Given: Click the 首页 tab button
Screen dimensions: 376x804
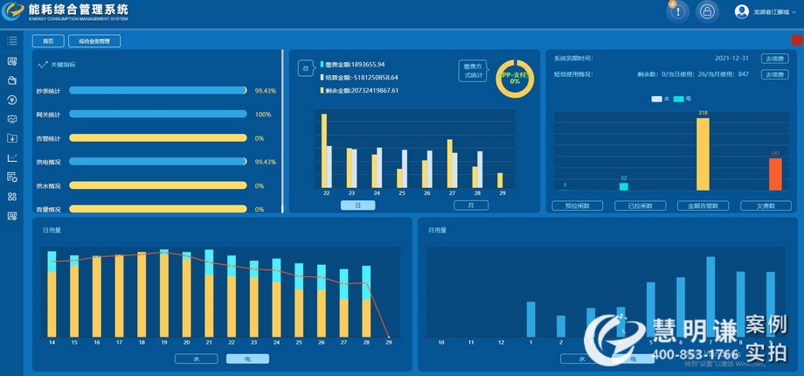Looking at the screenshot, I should pyautogui.click(x=48, y=41).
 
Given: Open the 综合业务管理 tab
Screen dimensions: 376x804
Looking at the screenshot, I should pyautogui.click(x=94, y=41).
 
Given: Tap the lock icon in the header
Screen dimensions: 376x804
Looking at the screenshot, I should pyautogui.click(x=706, y=11).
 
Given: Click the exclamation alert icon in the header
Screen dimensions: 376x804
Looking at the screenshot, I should pyautogui.click(x=678, y=11).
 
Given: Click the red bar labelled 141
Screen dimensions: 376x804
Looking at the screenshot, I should pyautogui.click(x=774, y=174).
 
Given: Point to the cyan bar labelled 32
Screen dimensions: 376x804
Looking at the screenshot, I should pyautogui.click(x=624, y=186).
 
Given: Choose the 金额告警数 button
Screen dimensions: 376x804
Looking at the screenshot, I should pyautogui.click(x=703, y=206).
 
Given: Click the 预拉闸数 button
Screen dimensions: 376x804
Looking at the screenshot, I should pyautogui.click(x=578, y=206).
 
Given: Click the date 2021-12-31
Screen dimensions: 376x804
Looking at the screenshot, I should pyautogui.click(x=732, y=59).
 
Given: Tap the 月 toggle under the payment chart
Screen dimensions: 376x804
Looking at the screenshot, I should pyautogui.click(x=470, y=205).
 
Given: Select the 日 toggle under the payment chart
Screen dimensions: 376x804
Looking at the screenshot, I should pyautogui.click(x=357, y=205).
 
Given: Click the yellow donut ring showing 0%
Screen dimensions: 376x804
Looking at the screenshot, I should pyautogui.click(x=514, y=78).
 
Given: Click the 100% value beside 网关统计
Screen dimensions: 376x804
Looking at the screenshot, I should pyautogui.click(x=262, y=115).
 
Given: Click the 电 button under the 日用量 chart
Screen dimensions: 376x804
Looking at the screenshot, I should pyautogui.click(x=247, y=359).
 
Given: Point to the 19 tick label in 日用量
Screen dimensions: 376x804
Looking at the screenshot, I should pyautogui.click(x=163, y=342).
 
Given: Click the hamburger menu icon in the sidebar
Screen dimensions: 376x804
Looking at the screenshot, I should pyautogui.click(x=12, y=40).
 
